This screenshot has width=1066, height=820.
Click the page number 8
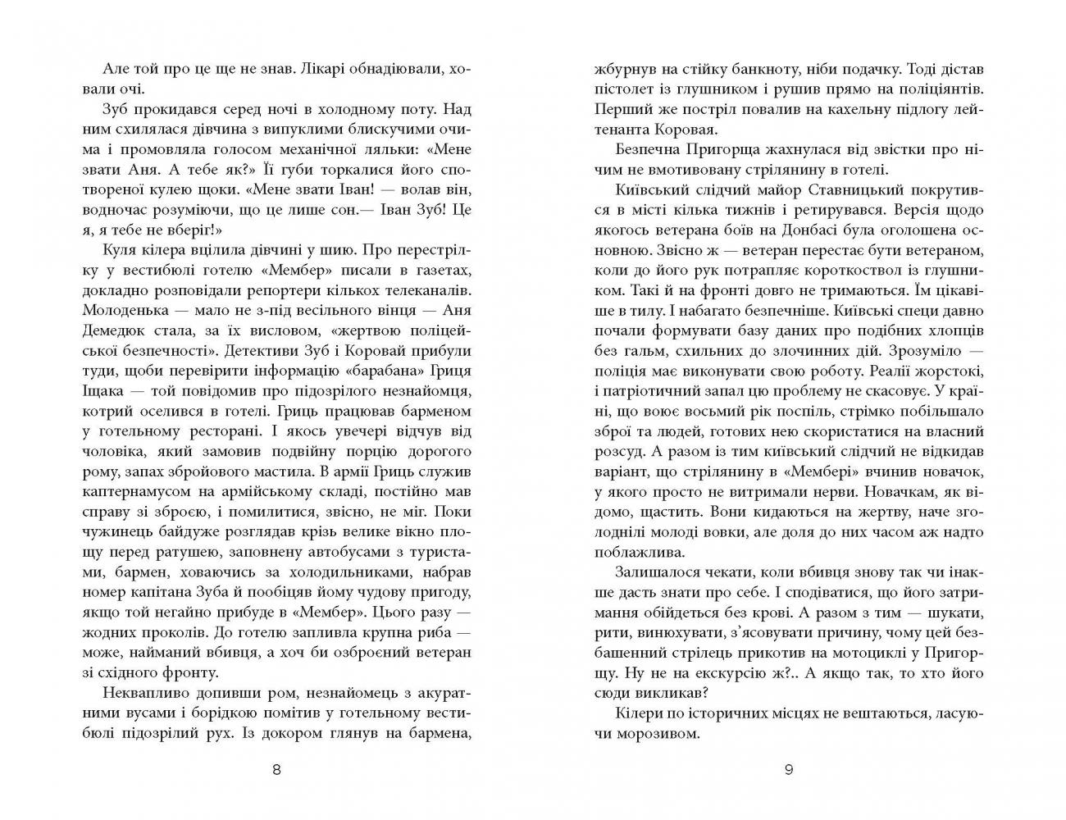pyautogui.click(x=276, y=769)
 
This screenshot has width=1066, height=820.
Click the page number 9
pyautogui.click(x=789, y=769)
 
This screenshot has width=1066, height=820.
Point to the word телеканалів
pyautogui.click(x=422, y=291)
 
